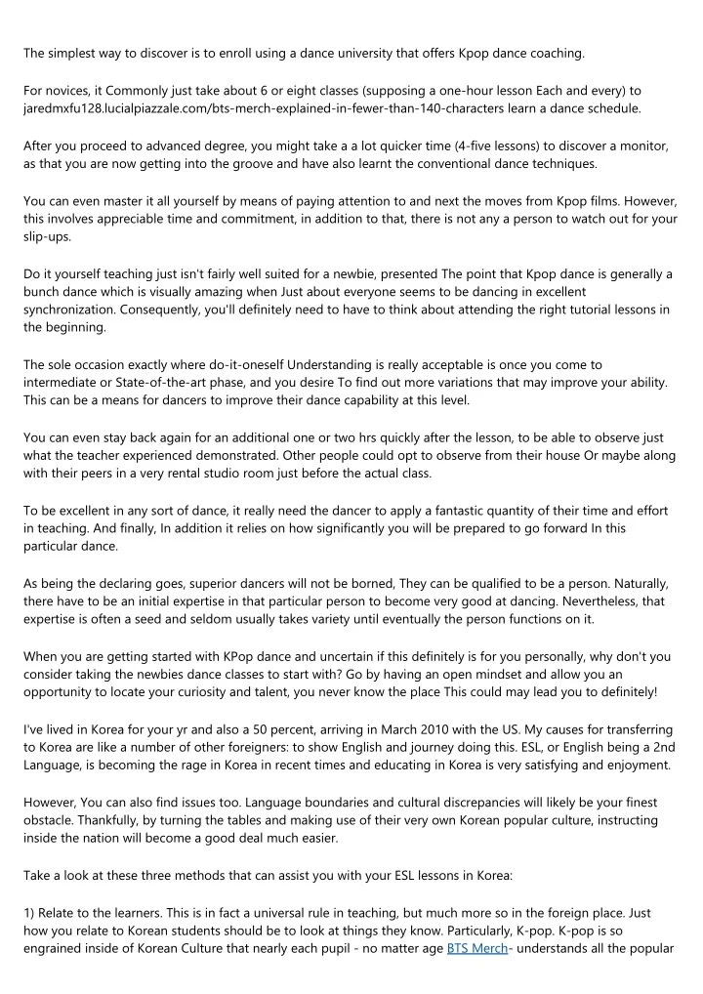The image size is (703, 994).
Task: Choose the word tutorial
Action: pos(539,310)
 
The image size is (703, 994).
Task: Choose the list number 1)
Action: pos(31,913)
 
